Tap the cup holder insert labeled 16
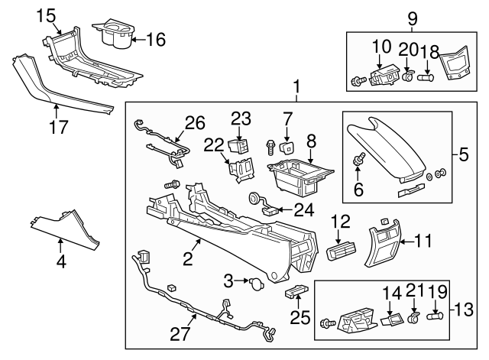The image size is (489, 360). [x=113, y=35]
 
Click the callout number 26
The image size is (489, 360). [x=195, y=122]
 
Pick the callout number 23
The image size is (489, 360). [x=241, y=118]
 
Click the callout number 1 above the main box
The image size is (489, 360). [x=296, y=86]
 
